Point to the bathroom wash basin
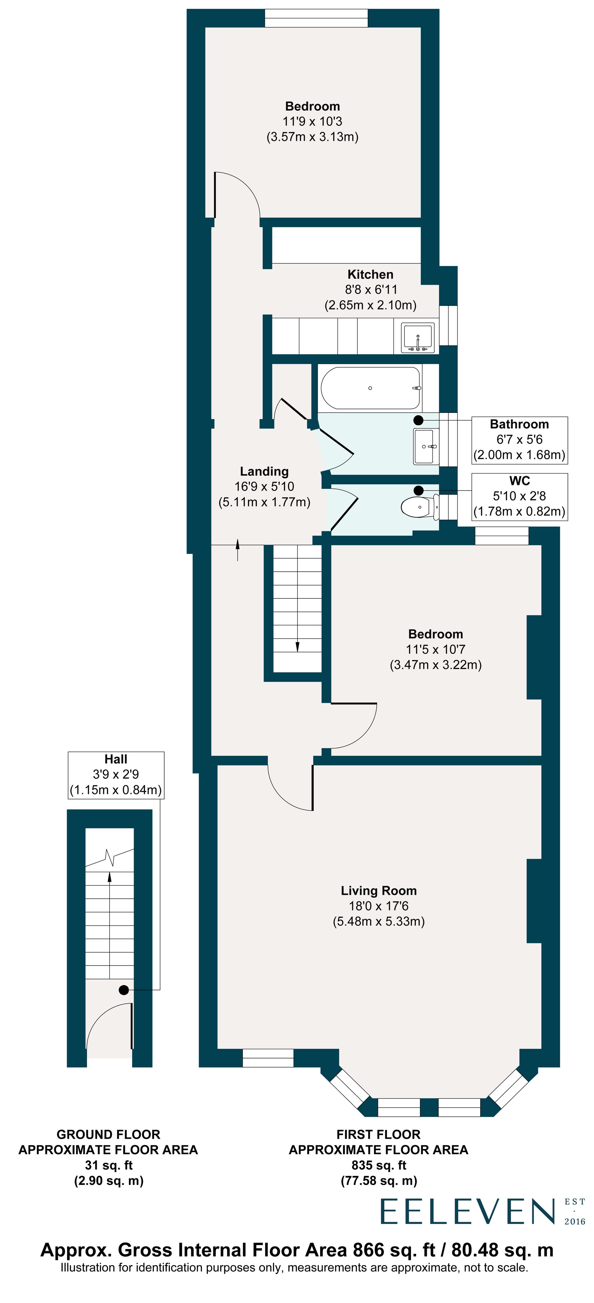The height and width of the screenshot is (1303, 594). [x=424, y=446]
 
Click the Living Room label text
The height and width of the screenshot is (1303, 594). [x=378, y=891]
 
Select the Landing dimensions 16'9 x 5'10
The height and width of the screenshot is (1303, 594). [x=264, y=486]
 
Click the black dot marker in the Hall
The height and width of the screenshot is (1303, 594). [x=124, y=990]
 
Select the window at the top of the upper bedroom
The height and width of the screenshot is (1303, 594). [x=316, y=18]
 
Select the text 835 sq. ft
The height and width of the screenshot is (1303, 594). [x=378, y=1165]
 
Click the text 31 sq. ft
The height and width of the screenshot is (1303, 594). [x=108, y=1165]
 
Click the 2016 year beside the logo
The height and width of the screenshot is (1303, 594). [x=575, y=1221]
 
